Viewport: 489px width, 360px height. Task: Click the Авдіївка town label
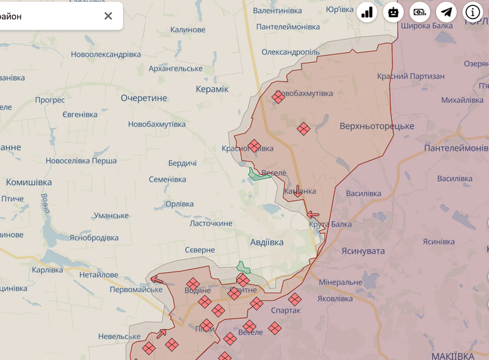[x=267, y=242]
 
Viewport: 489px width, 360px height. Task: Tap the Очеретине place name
[x=143, y=98]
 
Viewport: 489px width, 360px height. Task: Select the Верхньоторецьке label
[x=377, y=126]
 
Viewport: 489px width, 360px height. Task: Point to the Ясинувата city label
[x=363, y=251]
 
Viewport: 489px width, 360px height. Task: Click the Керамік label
[x=212, y=89]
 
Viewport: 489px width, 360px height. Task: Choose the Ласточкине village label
[x=211, y=223]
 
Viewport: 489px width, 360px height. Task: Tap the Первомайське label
[x=136, y=289]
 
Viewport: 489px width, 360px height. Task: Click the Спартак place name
[x=285, y=310]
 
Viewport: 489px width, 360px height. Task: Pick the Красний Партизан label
[x=410, y=77]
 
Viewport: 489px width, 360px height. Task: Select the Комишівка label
[x=28, y=182]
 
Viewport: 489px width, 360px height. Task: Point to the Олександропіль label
[x=291, y=52]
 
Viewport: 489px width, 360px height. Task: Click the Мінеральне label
[x=340, y=282]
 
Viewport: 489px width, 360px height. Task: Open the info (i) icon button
[x=472, y=12]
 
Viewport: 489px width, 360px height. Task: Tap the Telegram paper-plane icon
[x=447, y=12]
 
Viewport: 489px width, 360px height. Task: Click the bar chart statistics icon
[x=367, y=12]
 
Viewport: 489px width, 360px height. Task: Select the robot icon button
[x=393, y=12]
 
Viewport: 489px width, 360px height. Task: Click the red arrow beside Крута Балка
[x=313, y=214]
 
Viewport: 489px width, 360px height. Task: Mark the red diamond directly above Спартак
[x=295, y=299]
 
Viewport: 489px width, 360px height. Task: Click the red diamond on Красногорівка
[x=254, y=146]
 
